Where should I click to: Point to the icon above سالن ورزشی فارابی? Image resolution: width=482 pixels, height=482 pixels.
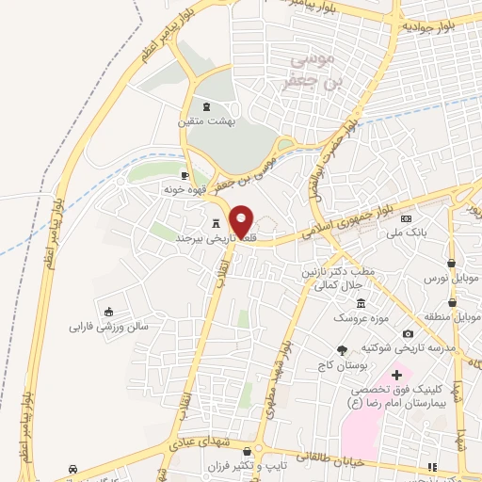[109, 313]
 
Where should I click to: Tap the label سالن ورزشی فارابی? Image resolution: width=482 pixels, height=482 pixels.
[108, 328]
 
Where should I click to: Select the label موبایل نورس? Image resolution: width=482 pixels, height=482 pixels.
[453, 279]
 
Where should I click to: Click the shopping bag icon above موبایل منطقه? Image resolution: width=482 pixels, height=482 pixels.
[453, 304]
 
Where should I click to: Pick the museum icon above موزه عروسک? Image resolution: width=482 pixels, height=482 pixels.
[361, 303]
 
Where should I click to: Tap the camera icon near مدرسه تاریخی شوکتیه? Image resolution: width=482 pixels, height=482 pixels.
[407, 333]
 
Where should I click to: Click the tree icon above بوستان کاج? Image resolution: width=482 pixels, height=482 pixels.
[354, 348]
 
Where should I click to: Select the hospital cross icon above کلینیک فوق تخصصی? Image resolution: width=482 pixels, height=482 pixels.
[397, 375]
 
